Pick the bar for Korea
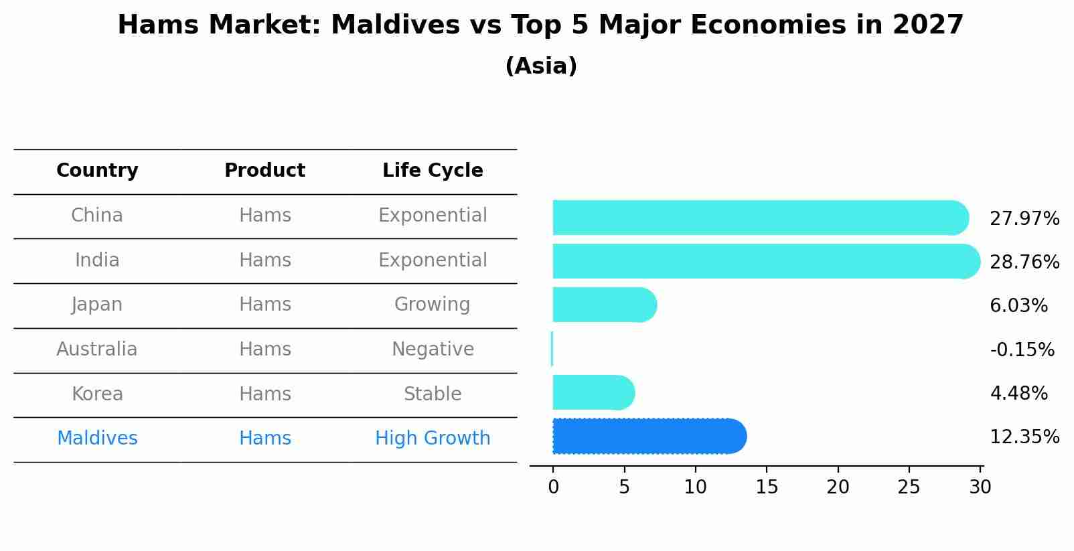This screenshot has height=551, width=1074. pos(593,392)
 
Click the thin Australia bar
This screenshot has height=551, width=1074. pos(552,349)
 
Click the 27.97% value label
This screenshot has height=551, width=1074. pos(1024,219)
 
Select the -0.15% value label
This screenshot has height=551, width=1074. pos(1022,349)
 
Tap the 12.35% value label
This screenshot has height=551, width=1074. pos(1024,437)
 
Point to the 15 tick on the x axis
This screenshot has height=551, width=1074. pos(767,487)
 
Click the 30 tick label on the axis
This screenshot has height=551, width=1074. pos(980,487)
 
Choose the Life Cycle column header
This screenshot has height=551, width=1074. pos(433,171)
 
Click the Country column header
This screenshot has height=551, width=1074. pos(97,171)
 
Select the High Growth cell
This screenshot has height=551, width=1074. pos(433,439)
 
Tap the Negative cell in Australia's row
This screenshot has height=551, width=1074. pos(433,349)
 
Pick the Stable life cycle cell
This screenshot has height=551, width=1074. pos(433,394)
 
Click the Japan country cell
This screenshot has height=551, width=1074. pos(97,305)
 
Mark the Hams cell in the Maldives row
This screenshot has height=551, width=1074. pos(265,439)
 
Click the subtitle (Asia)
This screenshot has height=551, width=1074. pos(541,66)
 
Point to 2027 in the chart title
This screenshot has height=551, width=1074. pos(927,25)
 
